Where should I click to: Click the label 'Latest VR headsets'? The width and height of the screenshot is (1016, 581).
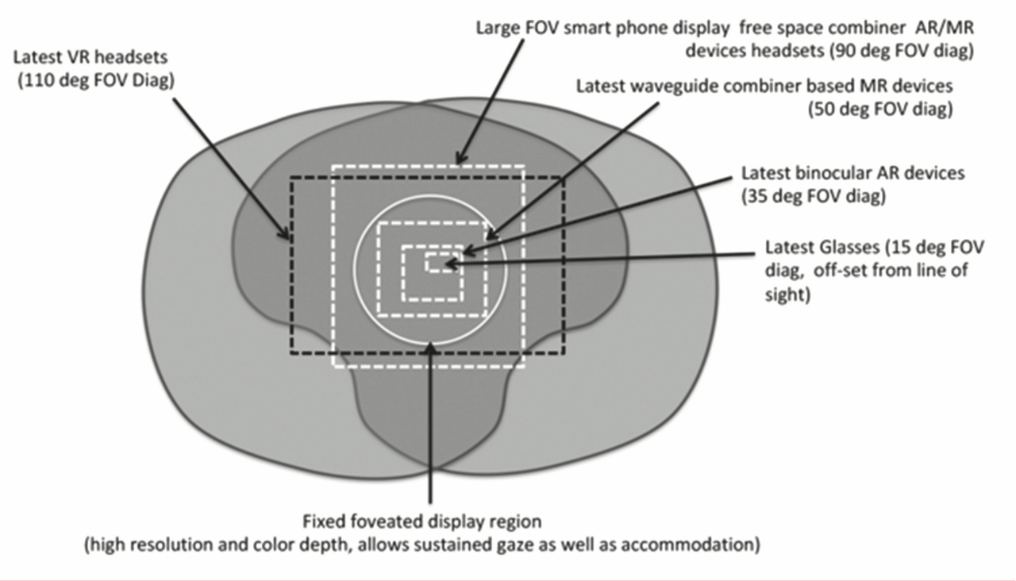(90, 58)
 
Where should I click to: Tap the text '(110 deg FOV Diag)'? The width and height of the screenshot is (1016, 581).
(96, 81)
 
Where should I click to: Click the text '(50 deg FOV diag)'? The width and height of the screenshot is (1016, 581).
(880, 109)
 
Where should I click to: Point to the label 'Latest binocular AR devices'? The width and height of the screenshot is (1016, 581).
(852, 173)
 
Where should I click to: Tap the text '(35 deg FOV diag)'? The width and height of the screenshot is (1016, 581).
(814, 196)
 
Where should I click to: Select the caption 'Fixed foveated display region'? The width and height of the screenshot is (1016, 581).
(421, 521)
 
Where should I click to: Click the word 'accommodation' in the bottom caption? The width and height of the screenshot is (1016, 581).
(690, 544)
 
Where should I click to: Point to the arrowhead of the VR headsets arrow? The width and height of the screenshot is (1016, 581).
(285, 233)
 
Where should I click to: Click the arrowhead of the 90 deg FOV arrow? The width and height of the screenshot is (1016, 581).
(460, 159)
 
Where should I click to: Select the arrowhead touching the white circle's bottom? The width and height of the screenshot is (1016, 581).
(430, 348)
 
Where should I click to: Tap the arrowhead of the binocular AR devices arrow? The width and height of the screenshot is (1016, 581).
(468, 250)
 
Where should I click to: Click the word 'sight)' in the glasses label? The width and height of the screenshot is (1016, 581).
(788, 294)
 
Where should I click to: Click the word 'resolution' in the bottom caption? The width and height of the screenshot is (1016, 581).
(170, 544)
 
